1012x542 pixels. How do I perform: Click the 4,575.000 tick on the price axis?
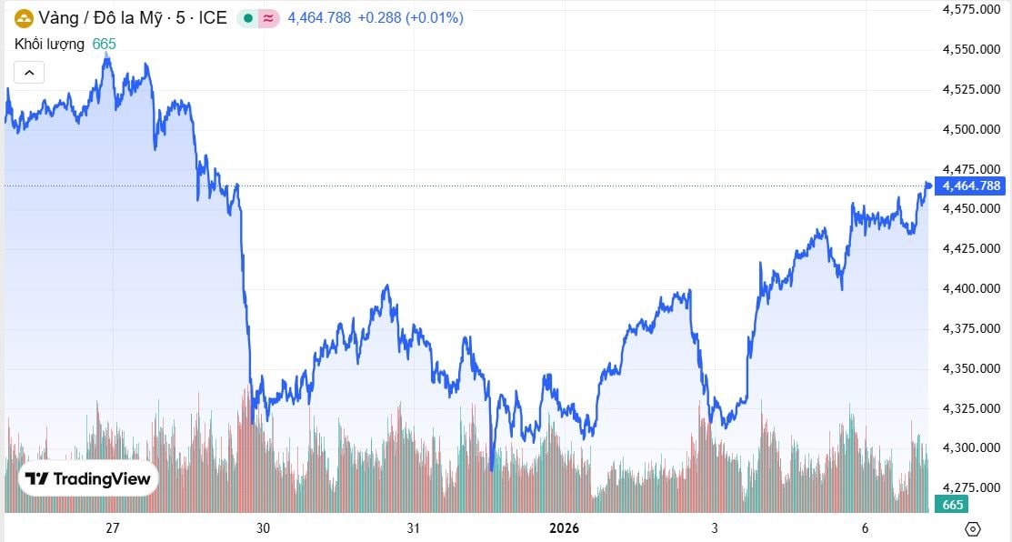click(972, 9)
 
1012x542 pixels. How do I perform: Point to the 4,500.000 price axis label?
click(972, 129)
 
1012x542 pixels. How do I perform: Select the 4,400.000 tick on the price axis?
click(972, 288)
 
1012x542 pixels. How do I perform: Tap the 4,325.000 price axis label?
click(972, 407)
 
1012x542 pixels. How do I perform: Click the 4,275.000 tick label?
click(972, 487)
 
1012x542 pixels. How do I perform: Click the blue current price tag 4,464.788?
click(971, 186)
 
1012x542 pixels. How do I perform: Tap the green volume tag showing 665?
click(952, 505)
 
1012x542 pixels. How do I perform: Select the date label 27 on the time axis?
click(113, 528)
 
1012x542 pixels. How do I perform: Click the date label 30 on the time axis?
click(264, 528)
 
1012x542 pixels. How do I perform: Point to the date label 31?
click(414, 528)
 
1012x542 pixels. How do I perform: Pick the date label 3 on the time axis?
click(715, 528)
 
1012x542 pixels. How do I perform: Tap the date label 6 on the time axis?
click(865, 528)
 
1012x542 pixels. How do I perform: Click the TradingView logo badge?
click(88, 479)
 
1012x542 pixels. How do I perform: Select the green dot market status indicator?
click(248, 17)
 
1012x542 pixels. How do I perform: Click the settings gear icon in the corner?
click(973, 528)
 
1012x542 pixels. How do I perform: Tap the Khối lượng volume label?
click(49, 44)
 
